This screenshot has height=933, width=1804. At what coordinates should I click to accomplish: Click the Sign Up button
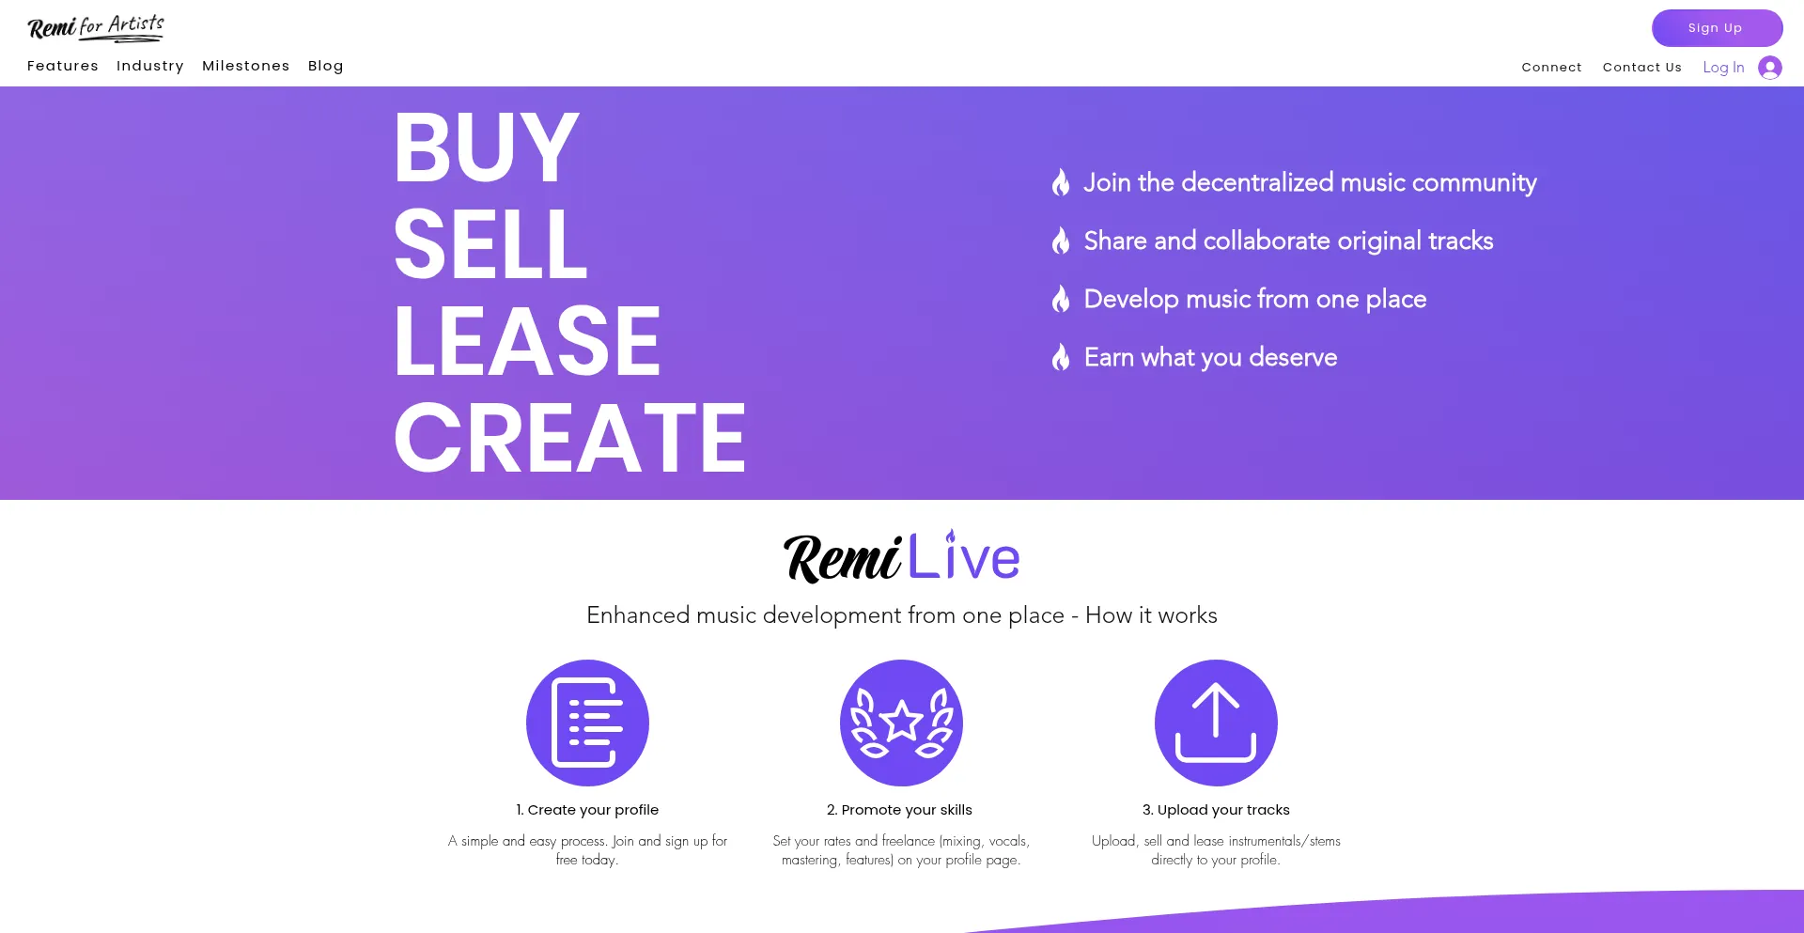click(1716, 28)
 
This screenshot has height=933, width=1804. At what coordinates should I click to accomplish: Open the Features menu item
click(63, 66)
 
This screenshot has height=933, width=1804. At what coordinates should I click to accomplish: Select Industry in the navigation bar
click(150, 66)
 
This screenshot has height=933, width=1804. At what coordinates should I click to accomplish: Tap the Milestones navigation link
click(246, 66)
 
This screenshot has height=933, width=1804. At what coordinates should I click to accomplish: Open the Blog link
click(326, 66)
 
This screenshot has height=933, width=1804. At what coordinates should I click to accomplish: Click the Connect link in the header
click(1551, 68)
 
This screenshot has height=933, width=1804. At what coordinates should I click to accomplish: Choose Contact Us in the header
click(1641, 68)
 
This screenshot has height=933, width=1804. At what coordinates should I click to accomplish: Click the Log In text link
click(1723, 68)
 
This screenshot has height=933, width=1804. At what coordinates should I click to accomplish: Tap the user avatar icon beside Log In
click(1770, 68)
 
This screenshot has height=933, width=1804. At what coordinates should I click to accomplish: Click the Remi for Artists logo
click(96, 27)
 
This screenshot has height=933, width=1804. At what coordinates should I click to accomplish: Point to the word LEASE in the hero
click(527, 341)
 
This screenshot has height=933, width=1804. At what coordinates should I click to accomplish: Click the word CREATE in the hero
click(569, 438)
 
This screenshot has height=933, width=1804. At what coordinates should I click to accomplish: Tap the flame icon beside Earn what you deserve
click(1061, 357)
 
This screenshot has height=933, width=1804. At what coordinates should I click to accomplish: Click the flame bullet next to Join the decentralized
click(1061, 182)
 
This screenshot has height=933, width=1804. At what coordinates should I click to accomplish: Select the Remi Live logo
click(901, 556)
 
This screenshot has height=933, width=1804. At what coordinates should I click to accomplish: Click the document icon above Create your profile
click(587, 723)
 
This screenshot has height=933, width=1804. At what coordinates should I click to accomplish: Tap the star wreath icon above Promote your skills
click(901, 723)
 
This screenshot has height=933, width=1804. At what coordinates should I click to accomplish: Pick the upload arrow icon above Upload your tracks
click(1216, 723)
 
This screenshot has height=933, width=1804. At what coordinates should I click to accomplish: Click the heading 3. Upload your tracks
click(1216, 810)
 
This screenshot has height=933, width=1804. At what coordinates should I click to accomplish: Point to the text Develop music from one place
click(1254, 299)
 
